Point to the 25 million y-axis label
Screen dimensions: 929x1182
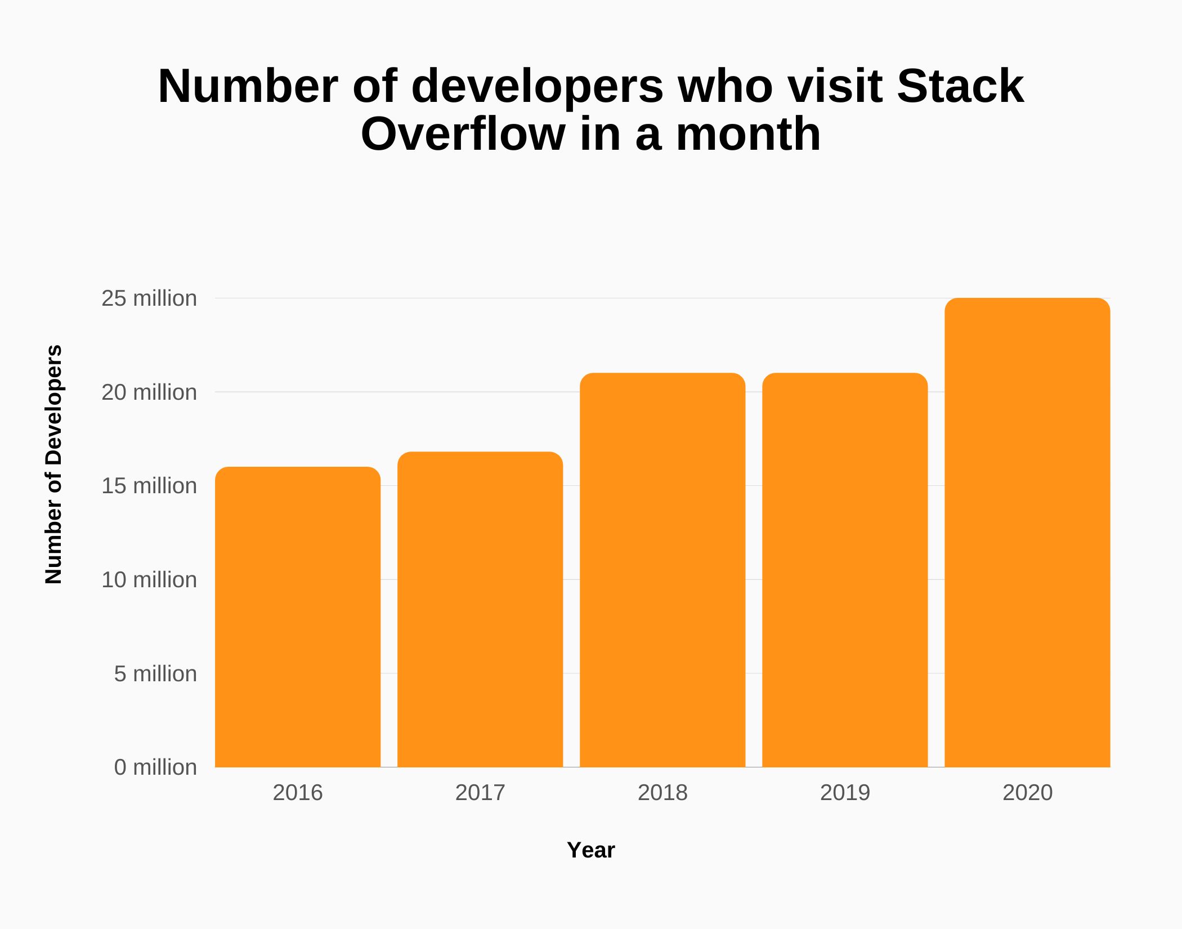(149, 298)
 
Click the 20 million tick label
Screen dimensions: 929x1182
(149, 392)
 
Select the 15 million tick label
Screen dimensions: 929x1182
(149, 486)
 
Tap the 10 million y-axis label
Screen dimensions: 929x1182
(149, 580)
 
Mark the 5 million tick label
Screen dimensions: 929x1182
(155, 674)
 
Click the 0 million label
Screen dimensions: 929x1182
(155, 767)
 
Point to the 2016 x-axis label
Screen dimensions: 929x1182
(298, 793)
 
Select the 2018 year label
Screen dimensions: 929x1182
(662, 793)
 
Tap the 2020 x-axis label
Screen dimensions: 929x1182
(1027, 793)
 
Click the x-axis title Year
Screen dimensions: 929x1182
(591, 850)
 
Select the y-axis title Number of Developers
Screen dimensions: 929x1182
(53, 464)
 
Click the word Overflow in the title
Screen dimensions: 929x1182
(463, 135)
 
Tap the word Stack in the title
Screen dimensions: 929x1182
(960, 86)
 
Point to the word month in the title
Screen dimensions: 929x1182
(748, 135)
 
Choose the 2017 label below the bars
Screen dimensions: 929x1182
(480, 793)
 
